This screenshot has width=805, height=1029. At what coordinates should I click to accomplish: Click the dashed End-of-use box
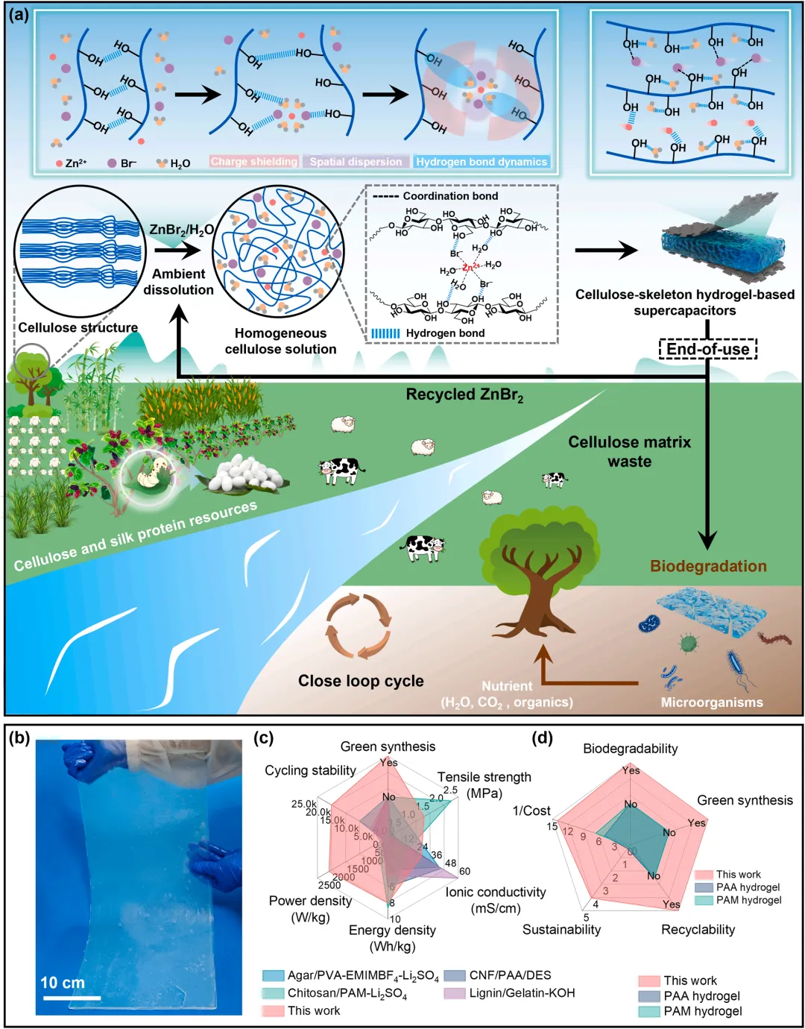point(707,349)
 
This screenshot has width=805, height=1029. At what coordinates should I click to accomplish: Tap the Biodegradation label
point(708,566)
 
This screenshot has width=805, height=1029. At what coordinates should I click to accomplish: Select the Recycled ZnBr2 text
point(464,395)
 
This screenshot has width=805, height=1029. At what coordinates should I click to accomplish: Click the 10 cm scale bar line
point(71,997)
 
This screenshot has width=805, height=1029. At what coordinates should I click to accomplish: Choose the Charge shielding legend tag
point(254,162)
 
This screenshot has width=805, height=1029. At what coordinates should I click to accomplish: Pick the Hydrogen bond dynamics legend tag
point(482,162)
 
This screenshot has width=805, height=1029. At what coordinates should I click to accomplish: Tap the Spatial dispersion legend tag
point(356,162)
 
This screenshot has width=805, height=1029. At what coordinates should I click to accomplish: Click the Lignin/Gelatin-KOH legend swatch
point(455,993)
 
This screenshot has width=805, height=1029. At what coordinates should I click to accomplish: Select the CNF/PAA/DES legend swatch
point(455,975)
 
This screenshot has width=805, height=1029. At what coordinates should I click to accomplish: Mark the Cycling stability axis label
point(310,770)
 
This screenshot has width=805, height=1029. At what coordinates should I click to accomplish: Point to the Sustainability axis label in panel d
point(561,929)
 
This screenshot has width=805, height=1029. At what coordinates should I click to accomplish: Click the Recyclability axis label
point(698,929)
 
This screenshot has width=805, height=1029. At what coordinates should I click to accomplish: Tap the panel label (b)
point(19,738)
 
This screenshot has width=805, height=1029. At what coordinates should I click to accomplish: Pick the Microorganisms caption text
point(711,702)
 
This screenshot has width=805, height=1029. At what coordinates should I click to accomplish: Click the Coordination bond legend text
point(450,196)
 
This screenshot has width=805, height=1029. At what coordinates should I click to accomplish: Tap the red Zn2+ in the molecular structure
point(471,267)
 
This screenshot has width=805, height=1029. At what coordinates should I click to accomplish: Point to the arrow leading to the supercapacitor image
point(606,251)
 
